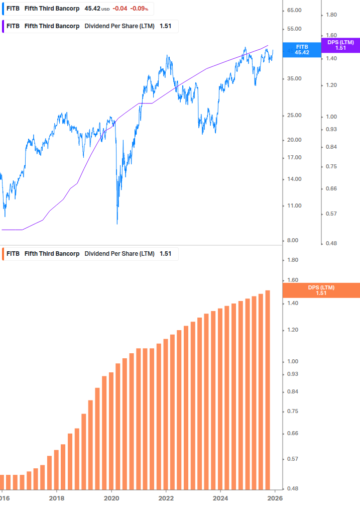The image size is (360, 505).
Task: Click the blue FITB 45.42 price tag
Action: click(x=302, y=49)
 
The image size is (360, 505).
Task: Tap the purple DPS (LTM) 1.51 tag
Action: click(x=340, y=45)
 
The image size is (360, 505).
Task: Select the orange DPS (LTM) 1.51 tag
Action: click(x=321, y=290)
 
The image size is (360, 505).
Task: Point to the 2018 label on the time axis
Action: click(x=57, y=498)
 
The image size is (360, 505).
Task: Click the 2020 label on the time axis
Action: click(x=111, y=498)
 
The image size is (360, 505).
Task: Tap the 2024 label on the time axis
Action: click(x=221, y=498)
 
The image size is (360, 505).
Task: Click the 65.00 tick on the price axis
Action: click(x=294, y=11)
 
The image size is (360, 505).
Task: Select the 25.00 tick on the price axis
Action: click(x=294, y=116)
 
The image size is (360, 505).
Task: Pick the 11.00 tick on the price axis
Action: click(x=294, y=206)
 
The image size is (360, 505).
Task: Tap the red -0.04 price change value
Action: click(x=119, y=9)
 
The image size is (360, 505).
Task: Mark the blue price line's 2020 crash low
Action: click(x=117, y=223)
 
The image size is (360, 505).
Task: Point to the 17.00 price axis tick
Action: click(x=294, y=158)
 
